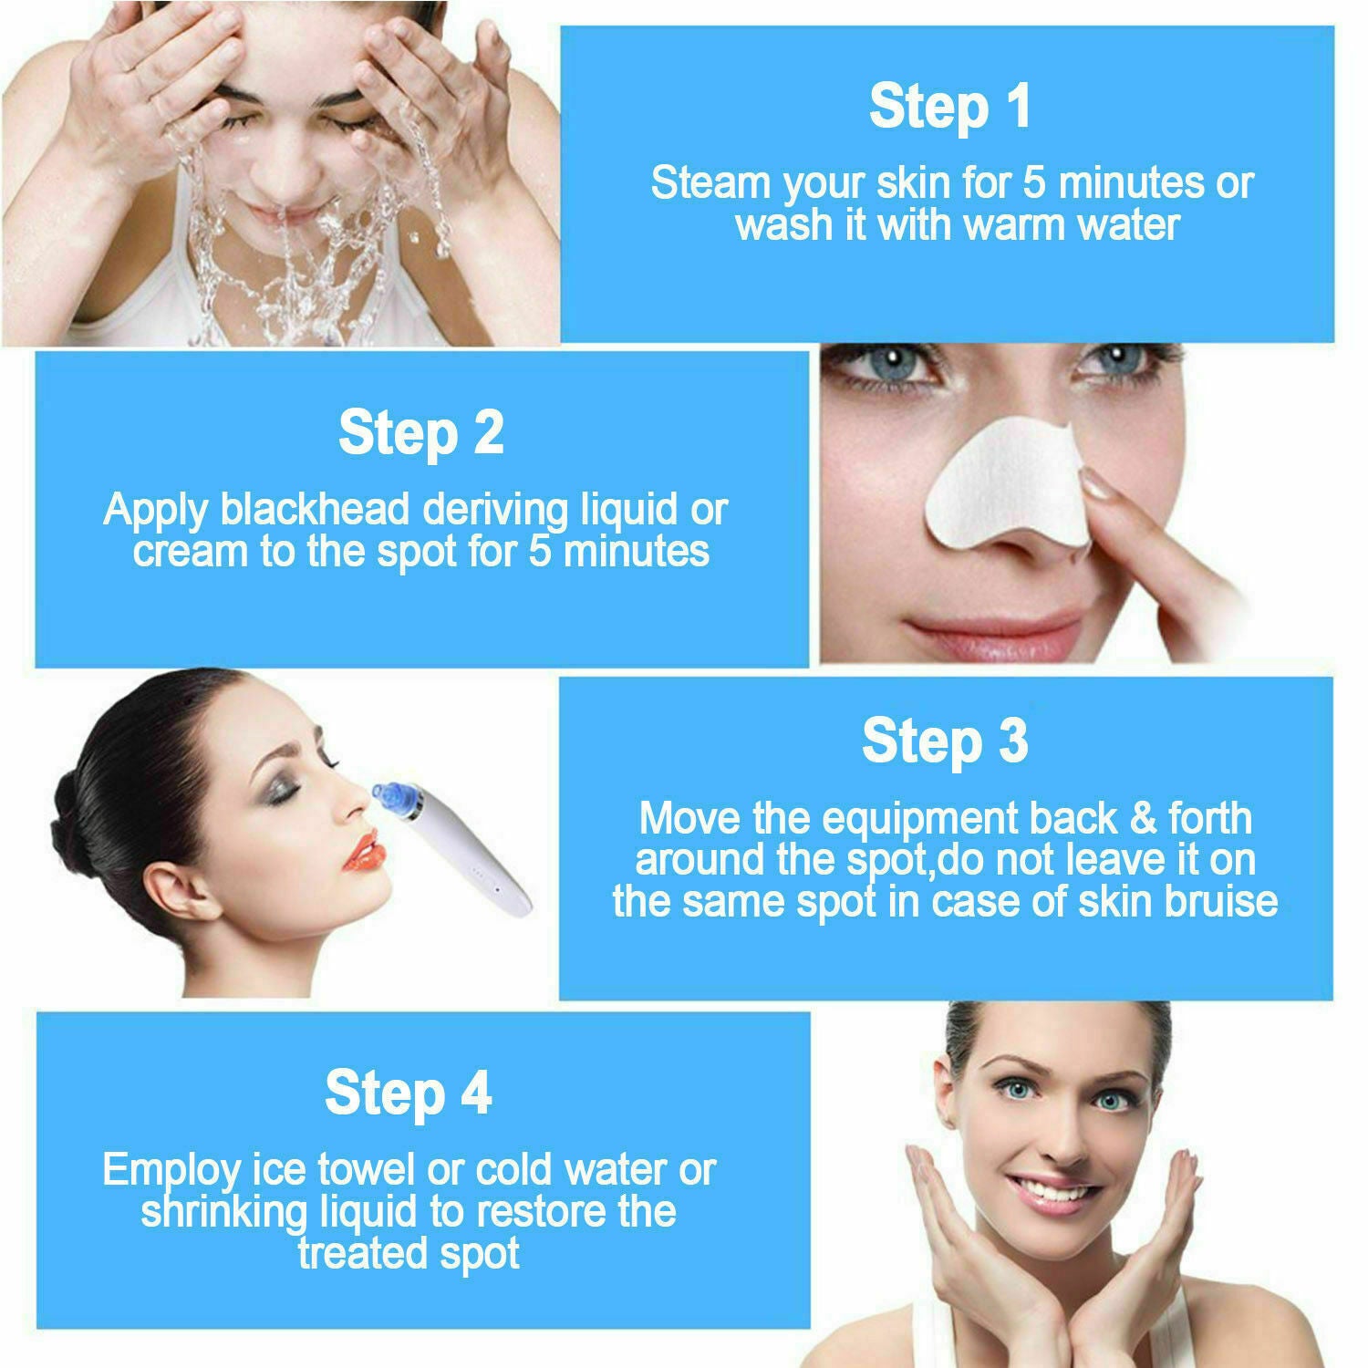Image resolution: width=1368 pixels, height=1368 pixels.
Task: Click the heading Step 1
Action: coord(950,107)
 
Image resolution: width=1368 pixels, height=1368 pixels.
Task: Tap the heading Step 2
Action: coord(420,433)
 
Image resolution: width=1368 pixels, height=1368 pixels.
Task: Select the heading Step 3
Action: coord(945,741)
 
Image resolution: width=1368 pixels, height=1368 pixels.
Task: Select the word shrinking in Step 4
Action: coord(224,1213)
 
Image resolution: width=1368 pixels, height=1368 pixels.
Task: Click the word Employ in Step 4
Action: coord(171,1171)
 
